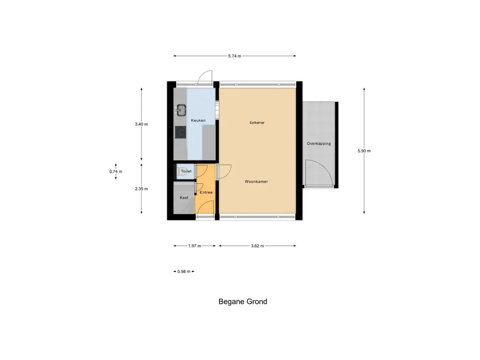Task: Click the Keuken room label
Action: [x=198, y=120]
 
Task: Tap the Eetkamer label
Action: [x=257, y=123]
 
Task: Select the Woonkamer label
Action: [x=256, y=181]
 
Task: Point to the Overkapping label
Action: [x=319, y=143]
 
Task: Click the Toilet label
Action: [x=186, y=172]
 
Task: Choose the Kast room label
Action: [x=184, y=198]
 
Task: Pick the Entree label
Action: [x=206, y=193]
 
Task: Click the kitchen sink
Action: [x=181, y=111]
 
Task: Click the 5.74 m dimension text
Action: [x=234, y=56]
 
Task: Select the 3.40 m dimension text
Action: [x=141, y=124]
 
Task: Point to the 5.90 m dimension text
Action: [x=364, y=151]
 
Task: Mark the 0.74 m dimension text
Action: [x=116, y=172]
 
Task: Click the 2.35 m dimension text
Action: [x=141, y=189]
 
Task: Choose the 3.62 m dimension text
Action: [x=257, y=246]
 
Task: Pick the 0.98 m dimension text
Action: [x=184, y=271]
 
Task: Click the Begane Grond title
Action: [x=243, y=301]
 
